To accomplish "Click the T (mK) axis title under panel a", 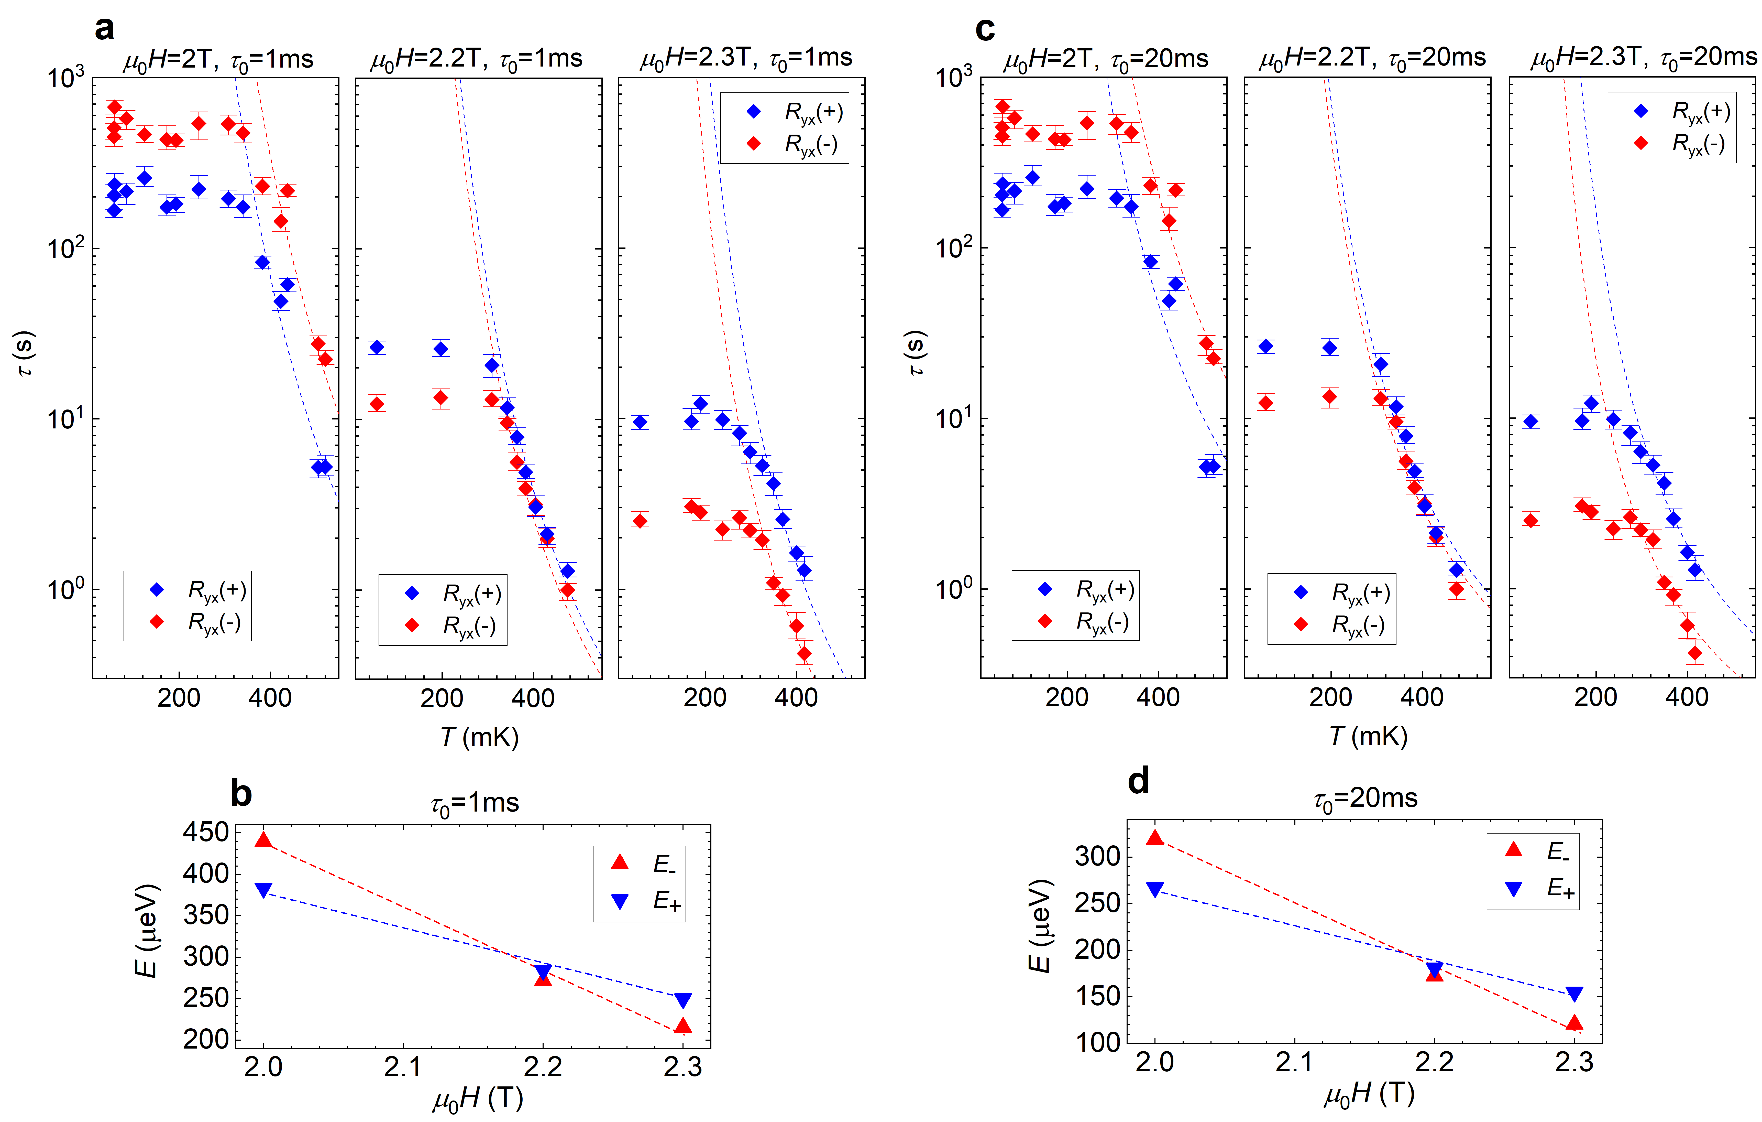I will [x=479, y=736].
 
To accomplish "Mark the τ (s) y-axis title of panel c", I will [x=915, y=353].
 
